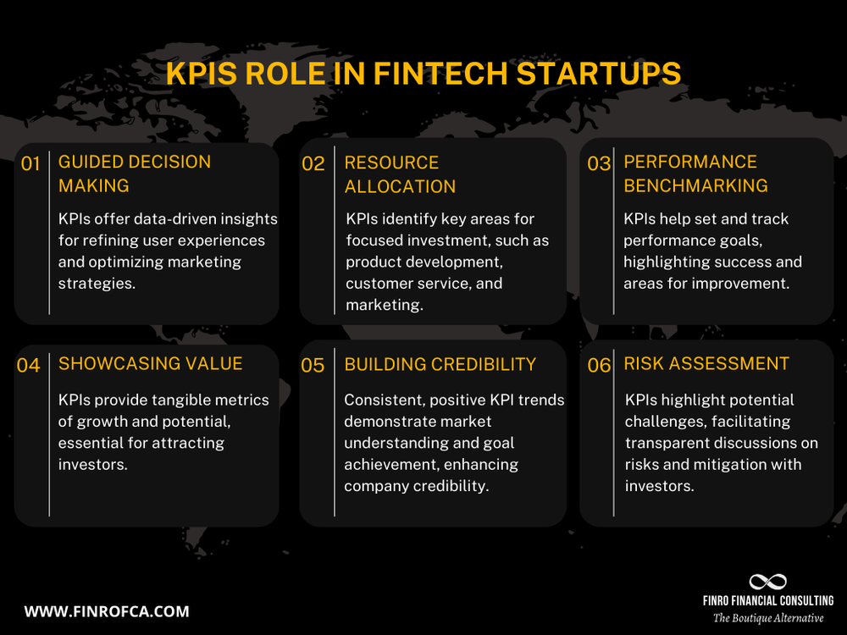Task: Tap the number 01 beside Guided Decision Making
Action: click(30, 164)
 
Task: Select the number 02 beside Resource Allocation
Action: click(313, 164)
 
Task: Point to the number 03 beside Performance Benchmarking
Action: click(599, 164)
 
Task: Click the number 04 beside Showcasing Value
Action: click(29, 366)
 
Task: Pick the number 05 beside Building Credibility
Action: click(313, 366)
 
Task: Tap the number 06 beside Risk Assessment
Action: click(599, 366)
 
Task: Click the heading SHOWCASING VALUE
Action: click(150, 364)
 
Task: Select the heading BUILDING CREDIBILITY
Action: click(440, 364)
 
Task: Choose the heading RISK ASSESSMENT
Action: click(706, 364)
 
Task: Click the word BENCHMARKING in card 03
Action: click(695, 185)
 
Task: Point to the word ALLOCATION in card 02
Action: click(400, 186)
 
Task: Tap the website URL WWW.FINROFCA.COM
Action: click(107, 611)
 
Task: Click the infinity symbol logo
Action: click(767, 582)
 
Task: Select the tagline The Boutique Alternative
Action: click(767, 618)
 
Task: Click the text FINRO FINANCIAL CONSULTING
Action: click(767, 600)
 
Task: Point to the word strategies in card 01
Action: click(96, 284)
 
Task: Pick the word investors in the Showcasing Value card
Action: click(92, 464)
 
